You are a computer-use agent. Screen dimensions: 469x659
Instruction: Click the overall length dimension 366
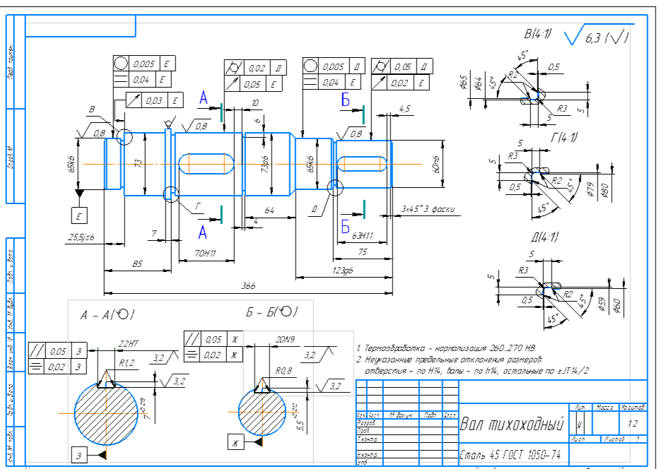247,286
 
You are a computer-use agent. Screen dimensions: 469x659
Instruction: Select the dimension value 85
138,263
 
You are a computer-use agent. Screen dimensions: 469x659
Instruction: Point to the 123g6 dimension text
344,270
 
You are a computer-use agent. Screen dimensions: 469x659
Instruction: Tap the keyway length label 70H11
205,252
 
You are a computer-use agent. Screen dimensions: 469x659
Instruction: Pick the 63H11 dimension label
363,237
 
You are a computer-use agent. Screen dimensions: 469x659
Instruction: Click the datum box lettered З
79,456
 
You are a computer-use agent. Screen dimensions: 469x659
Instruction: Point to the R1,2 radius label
127,363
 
